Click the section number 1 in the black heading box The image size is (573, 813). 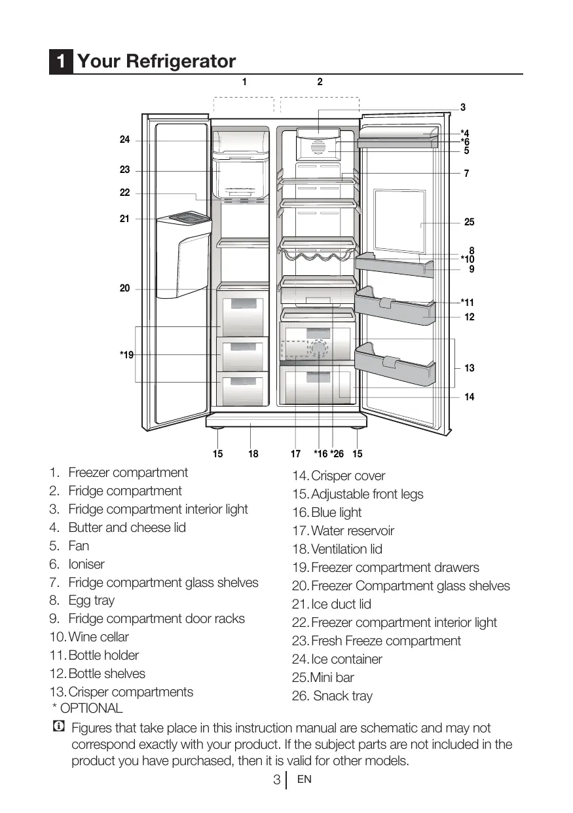(60, 62)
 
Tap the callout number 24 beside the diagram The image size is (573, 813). (124, 140)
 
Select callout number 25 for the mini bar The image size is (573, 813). (469, 223)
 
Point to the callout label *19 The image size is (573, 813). (126, 355)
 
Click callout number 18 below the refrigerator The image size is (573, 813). (253, 454)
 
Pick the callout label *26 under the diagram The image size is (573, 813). (337, 454)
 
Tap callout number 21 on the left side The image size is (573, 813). (124, 219)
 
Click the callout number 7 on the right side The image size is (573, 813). (466, 174)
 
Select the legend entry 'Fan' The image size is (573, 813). (79, 546)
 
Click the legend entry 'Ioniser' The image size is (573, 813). (86, 564)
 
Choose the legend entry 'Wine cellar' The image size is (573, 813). (98, 637)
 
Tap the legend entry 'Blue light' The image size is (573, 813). (336, 512)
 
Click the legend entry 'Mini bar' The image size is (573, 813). (331, 677)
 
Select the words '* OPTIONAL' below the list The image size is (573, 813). (87, 708)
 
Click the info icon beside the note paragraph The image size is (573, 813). (58, 727)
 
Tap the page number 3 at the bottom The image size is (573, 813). (277, 780)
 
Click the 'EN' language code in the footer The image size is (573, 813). (304, 780)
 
